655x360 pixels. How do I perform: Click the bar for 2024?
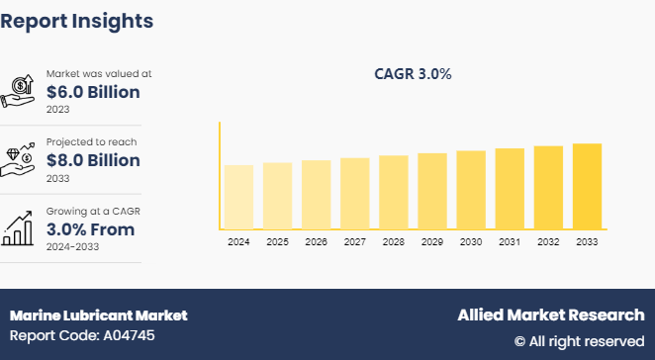coord(238,197)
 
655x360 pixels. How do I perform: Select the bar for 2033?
coord(587,186)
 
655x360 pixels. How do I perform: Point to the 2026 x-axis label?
coord(317,241)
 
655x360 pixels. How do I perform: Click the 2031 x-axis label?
coord(510,241)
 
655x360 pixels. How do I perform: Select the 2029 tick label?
coord(432,241)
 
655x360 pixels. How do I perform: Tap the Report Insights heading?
coord(77,20)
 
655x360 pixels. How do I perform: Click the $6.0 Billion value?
coord(93,92)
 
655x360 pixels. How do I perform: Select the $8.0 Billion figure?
coord(93,160)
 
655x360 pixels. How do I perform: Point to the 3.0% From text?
coord(91,229)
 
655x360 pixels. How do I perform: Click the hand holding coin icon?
coord(20,91)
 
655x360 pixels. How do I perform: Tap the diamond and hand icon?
coord(20,160)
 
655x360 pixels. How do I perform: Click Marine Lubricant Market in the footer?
coord(98,315)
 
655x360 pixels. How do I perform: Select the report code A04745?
coord(69,335)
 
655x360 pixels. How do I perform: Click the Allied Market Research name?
coord(550,315)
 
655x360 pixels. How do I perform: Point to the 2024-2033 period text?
coord(73,247)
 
